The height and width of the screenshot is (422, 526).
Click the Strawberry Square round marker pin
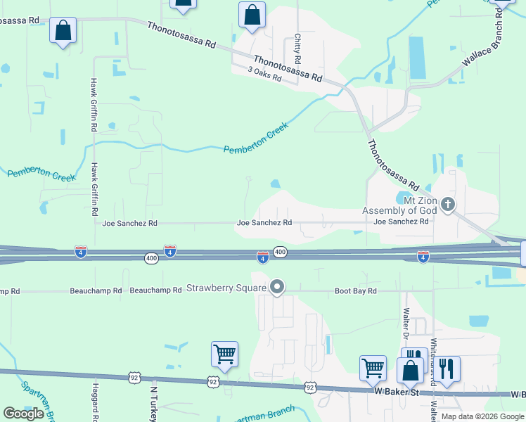coord(277,286)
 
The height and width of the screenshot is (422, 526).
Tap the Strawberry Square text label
coord(225,288)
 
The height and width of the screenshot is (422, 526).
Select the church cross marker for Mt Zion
coord(449,205)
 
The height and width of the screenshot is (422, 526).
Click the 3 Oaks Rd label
coord(264,74)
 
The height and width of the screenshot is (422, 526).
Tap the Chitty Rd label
coord(298,46)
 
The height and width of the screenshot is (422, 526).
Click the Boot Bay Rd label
coord(356,290)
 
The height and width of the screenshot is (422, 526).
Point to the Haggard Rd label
coord(95,401)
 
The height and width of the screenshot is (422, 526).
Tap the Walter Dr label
coord(406,321)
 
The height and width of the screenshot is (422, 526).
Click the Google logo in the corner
coord(23,414)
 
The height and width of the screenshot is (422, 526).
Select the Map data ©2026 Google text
coord(482,416)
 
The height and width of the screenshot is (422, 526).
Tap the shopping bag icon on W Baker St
coord(410,371)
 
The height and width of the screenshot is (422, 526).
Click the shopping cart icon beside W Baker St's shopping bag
coord(373,367)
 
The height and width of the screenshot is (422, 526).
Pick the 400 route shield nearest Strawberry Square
coord(280,252)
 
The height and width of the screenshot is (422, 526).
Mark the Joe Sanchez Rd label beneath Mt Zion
coord(401,222)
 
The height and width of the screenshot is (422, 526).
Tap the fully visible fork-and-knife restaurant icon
coord(447,368)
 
